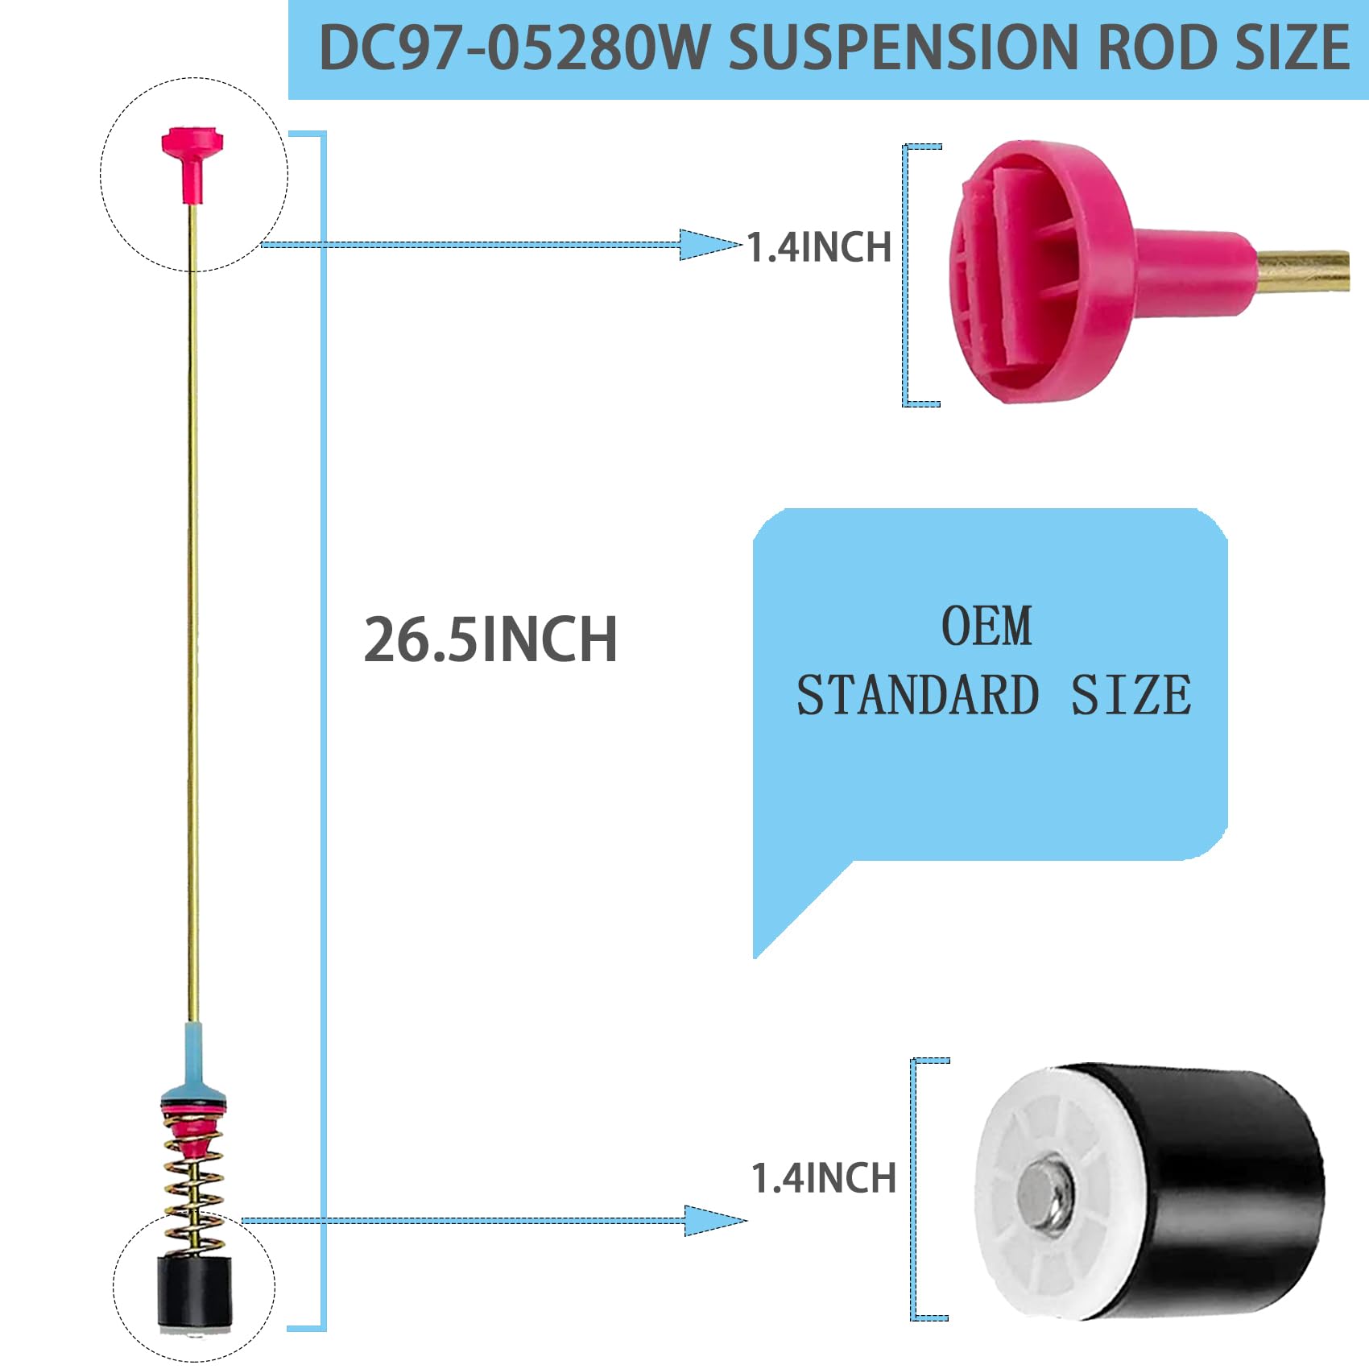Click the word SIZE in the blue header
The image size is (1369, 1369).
(1292, 48)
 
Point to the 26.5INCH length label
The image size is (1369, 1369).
(490, 640)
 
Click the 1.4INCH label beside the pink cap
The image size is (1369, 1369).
(819, 247)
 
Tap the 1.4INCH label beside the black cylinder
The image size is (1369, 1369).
(823, 1178)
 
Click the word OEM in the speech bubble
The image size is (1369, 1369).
(986, 627)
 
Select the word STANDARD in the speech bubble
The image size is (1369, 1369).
(918, 696)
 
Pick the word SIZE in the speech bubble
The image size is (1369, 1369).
(1131, 696)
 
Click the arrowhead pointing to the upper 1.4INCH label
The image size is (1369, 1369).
(709, 245)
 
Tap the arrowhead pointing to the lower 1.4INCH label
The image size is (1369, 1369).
(713, 1221)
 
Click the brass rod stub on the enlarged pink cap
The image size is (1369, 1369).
(1303, 272)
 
